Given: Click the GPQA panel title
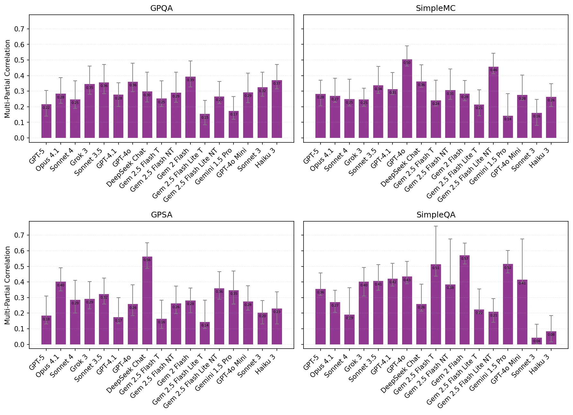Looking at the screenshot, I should point(161,8).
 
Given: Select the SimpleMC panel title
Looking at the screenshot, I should point(436,8).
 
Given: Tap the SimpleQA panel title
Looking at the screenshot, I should point(436,215).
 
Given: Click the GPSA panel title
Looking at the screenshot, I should point(161,215).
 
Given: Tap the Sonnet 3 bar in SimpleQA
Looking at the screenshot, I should point(536,341).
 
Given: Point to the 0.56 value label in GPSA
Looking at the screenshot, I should point(147,260).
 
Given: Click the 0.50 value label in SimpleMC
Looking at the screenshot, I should point(407,63).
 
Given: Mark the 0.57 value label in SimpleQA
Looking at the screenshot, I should point(464,259).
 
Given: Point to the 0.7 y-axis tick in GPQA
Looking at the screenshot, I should point(19,29).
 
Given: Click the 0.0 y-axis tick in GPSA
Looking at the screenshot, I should point(19,344).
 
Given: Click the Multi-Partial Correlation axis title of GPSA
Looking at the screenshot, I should point(7,285).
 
